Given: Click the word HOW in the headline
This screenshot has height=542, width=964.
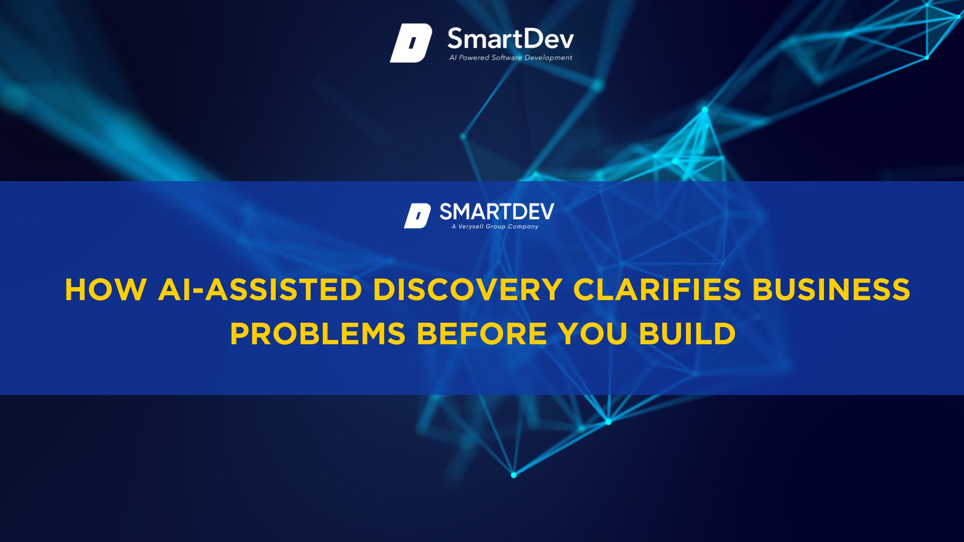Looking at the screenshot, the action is (x=105, y=290).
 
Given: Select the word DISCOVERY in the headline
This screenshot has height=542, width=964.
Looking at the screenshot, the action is (x=467, y=290).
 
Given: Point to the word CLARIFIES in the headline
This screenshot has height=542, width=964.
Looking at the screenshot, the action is (x=657, y=290).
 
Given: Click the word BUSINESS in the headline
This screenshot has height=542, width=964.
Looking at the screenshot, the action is (x=831, y=290).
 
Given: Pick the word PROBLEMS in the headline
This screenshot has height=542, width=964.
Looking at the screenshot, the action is (x=318, y=334).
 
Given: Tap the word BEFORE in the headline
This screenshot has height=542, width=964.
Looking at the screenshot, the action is (x=482, y=334).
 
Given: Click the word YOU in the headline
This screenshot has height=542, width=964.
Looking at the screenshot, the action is (x=593, y=334).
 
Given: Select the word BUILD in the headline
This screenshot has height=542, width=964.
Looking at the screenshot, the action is (x=687, y=334).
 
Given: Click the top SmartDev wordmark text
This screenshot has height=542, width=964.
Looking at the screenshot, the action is (x=511, y=39).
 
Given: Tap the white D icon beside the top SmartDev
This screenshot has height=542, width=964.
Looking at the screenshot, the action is (x=411, y=43).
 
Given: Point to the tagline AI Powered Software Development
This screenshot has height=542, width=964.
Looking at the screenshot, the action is (x=511, y=58).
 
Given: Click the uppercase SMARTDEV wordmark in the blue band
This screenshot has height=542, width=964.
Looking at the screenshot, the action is (x=497, y=212).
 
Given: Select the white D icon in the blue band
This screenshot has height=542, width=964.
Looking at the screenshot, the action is (x=417, y=216).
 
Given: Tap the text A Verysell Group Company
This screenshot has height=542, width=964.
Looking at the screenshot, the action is (x=495, y=226).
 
